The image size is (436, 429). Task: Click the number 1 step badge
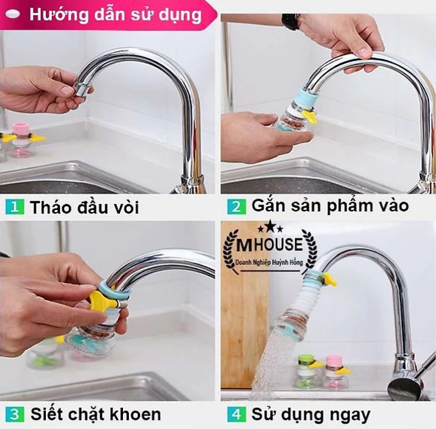click(15, 206)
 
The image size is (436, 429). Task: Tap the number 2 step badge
click(237, 206)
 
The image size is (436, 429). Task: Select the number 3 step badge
click(15, 414)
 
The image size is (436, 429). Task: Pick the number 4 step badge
click(237, 414)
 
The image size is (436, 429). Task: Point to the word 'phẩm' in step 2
click(348, 206)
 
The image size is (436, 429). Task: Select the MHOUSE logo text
click(269, 244)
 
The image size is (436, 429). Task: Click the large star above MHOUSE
click(269, 225)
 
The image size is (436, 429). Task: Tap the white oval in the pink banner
click(12, 15)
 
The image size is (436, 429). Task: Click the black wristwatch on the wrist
click(290, 21)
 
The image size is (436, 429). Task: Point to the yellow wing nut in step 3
click(101, 299)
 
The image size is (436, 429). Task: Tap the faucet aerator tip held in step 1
click(81, 88)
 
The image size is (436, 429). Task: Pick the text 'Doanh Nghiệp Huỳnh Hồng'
click(269, 262)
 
